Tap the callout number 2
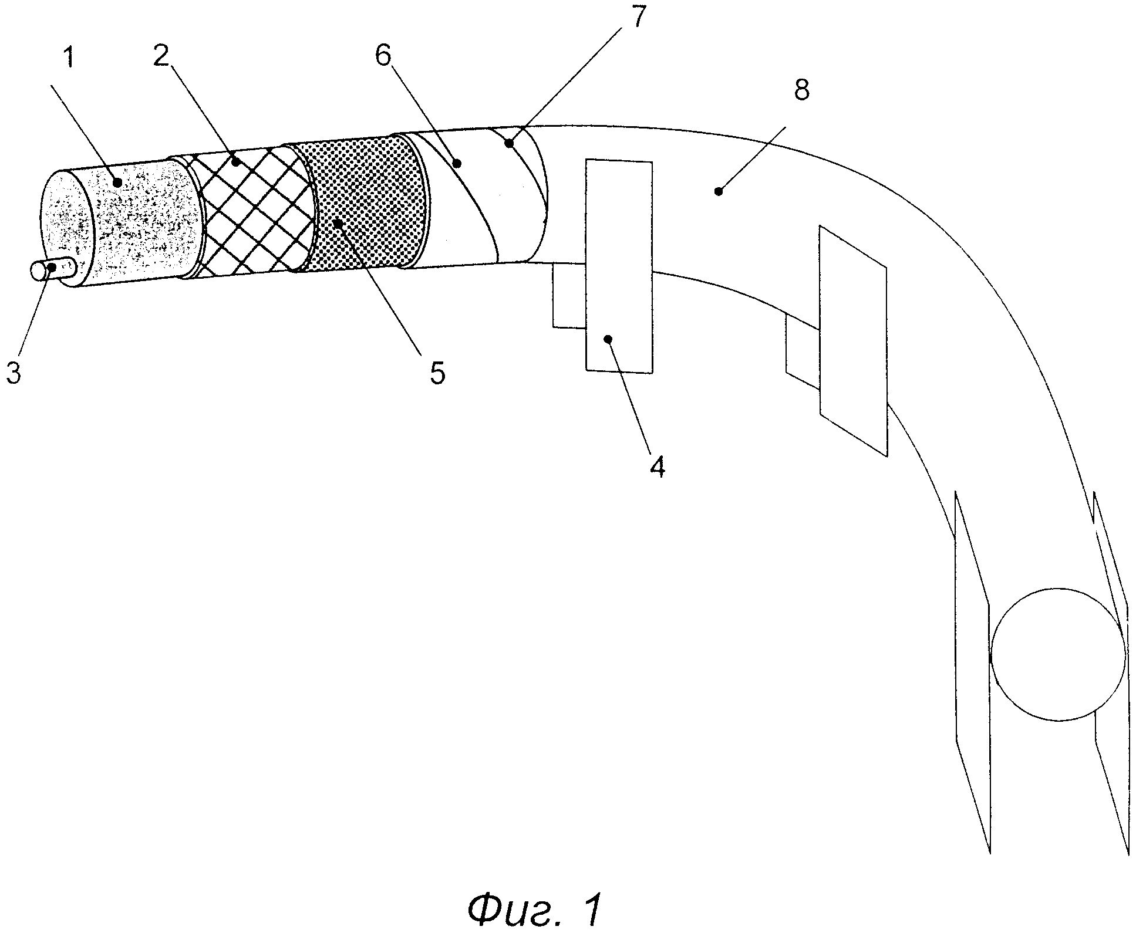coord(160,58)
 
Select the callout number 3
coord(14,372)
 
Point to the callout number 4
coord(658,467)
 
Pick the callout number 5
coord(437,373)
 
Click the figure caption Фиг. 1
coord(535,909)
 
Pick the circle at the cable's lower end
coord(1058,654)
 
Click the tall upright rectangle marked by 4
coord(619,266)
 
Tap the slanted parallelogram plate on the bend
coord(853,340)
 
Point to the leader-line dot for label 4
coord(608,339)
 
